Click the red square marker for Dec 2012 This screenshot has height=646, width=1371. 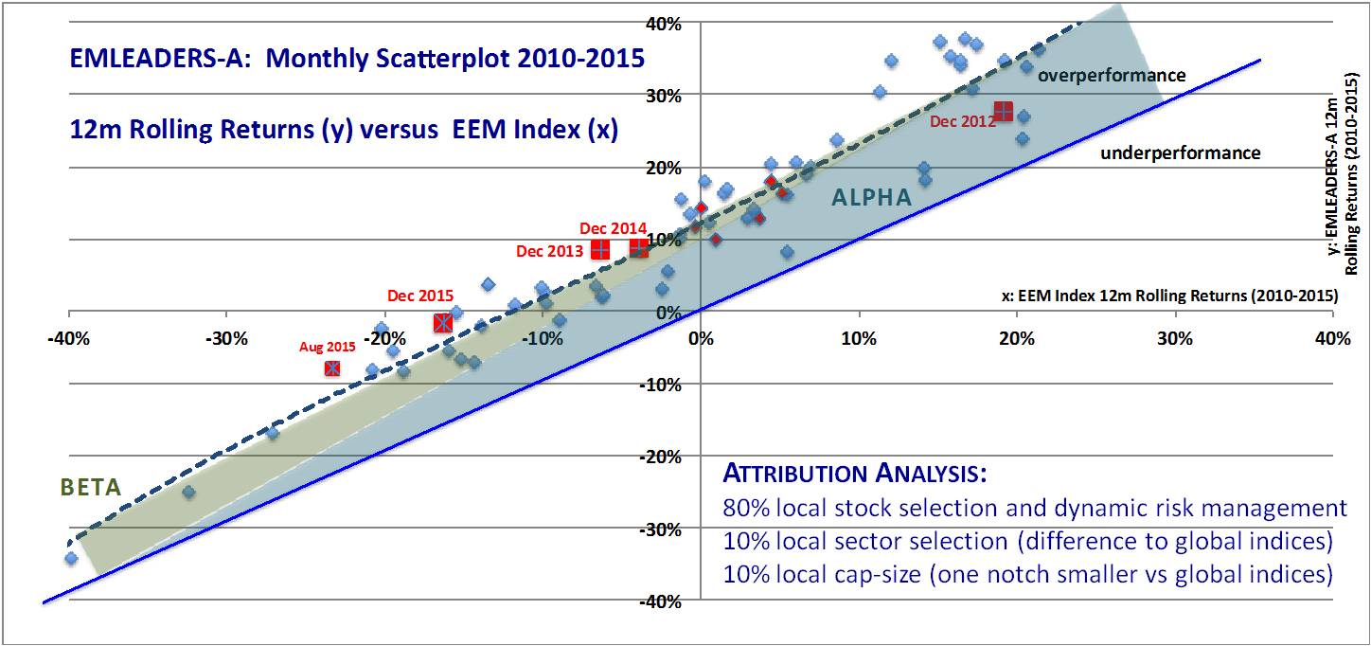click(x=1003, y=111)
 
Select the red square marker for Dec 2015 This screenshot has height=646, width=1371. click(x=442, y=323)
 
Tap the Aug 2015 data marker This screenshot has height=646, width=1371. click(x=332, y=368)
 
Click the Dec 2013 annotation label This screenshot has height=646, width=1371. click(x=549, y=251)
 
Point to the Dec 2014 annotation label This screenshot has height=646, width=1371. click(x=613, y=228)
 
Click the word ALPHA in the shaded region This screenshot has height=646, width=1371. click(x=871, y=198)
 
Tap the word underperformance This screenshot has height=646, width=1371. click(x=1180, y=153)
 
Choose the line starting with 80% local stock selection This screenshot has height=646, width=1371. click(x=1034, y=509)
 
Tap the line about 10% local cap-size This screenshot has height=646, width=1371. click(x=1027, y=574)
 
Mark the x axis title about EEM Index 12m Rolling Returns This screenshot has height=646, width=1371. click(x=1168, y=296)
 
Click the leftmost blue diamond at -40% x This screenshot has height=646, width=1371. click(x=71, y=558)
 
